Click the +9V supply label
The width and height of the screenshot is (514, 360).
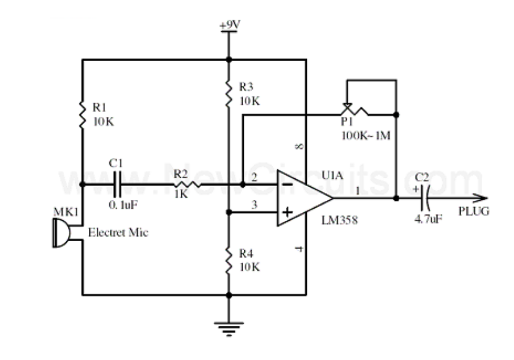(230, 25)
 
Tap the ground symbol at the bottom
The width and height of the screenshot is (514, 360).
(229, 329)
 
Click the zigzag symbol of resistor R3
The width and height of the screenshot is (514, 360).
(229, 94)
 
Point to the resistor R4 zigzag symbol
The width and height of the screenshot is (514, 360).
(229, 260)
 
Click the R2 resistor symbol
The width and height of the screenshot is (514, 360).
(187, 184)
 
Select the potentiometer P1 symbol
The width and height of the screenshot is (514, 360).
(355, 110)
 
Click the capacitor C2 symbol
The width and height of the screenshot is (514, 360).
(425, 198)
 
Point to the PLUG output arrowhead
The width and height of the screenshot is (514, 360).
(480, 198)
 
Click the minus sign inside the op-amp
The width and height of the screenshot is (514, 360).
(287, 184)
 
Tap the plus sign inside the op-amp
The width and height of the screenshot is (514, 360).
(288, 212)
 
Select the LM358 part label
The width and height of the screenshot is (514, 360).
(339, 220)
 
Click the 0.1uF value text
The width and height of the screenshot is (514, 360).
(123, 205)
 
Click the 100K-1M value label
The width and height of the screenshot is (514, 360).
(366, 135)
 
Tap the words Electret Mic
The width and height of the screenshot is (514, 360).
(118, 233)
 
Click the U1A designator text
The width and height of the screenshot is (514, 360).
(333, 176)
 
